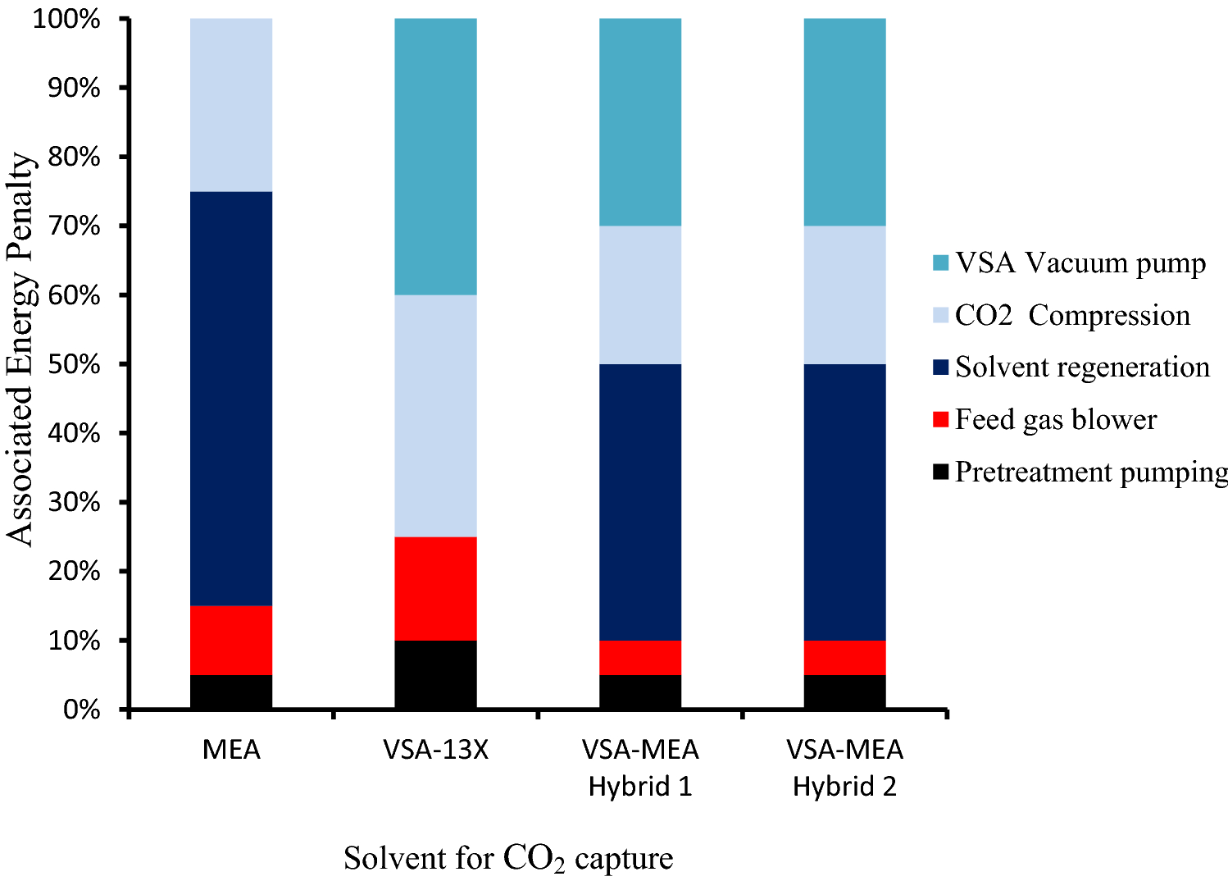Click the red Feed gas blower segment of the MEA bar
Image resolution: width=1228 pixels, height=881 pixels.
pyautogui.click(x=231, y=640)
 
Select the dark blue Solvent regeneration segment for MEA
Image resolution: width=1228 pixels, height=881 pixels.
pyautogui.click(x=231, y=399)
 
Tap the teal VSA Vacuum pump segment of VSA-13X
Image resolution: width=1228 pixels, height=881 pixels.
pyautogui.click(x=435, y=156)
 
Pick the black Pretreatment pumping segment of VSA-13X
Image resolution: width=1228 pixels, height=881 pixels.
pyautogui.click(x=435, y=673)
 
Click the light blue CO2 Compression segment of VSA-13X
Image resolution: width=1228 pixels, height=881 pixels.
pyautogui.click(x=435, y=415)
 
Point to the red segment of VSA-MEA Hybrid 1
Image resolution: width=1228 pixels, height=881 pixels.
pyautogui.click(x=640, y=657)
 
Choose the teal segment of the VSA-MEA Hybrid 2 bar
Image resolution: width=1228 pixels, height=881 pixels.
pyautogui.click(x=844, y=121)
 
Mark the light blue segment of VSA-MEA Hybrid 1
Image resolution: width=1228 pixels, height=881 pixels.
pyautogui.click(x=640, y=294)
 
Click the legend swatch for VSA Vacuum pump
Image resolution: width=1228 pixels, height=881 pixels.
pyautogui.click(x=940, y=263)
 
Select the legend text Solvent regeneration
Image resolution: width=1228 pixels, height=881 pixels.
pyautogui.click(x=1082, y=367)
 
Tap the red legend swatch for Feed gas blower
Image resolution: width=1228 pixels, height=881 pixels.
pyautogui.click(x=940, y=420)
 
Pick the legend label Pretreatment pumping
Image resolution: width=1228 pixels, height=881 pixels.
pyautogui.click(x=1091, y=472)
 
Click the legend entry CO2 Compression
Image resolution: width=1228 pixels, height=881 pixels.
pyautogui.click(x=1072, y=315)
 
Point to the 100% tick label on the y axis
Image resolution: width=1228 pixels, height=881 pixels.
pyautogui.click(x=67, y=18)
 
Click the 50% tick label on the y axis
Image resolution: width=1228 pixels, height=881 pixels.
pyautogui.click(x=74, y=364)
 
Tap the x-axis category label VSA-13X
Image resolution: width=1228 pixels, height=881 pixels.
pyautogui.click(x=435, y=750)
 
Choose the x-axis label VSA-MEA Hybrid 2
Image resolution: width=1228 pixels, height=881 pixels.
pyautogui.click(x=844, y=768)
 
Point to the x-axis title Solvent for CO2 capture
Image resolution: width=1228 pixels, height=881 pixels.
pyautogui.click(x=508, y=859)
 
